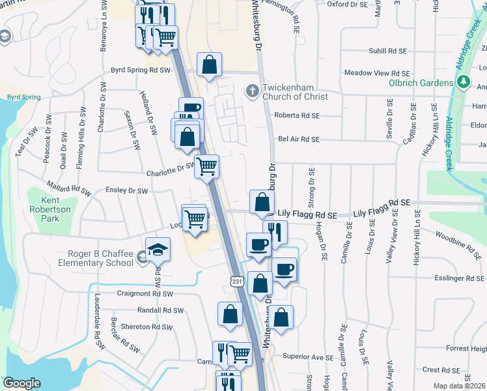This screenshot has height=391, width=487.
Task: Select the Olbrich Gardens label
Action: point(421,83)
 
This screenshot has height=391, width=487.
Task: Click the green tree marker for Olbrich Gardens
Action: point(462,82)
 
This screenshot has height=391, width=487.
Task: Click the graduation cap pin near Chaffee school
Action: point(158,250)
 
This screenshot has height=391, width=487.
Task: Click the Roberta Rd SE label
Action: point(297,115)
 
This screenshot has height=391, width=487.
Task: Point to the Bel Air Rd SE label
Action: point(298,139)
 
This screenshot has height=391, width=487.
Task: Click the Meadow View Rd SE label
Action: point(377,74)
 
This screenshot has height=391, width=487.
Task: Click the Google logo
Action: point(22,383)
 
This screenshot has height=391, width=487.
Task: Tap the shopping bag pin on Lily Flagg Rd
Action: point(261,202)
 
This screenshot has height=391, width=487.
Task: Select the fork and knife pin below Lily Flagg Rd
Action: point(275,232)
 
